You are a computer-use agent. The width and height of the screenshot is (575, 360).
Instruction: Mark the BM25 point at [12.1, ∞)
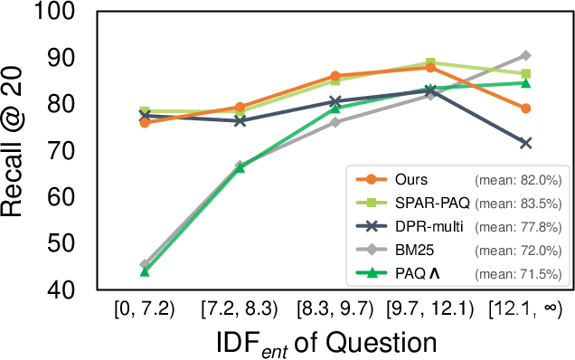tap(525, 55)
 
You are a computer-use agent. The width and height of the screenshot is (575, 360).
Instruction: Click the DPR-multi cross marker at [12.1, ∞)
tap(525, 143)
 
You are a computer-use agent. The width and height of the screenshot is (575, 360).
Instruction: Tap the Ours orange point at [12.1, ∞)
tap(525, 109)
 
